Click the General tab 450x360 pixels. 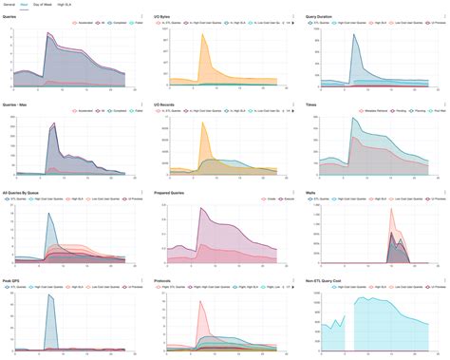[x=9, y=6]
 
